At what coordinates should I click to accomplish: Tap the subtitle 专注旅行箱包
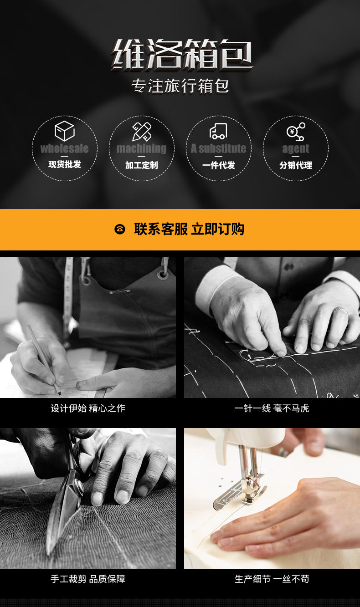[x=180, y=86]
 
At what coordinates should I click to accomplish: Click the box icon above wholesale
[x=65, y=131]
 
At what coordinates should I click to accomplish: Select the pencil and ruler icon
[x=142, y=132]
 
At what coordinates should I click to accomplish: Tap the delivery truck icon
[x=218, y=132]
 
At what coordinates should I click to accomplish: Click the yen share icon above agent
[x=296, y=132]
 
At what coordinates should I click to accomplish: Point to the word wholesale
[x=65, y=148]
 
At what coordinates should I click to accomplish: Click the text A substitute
[x=218, y=148]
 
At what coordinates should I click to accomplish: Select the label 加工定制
[x=142, y=165]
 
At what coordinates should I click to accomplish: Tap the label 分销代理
[x=296, y=165]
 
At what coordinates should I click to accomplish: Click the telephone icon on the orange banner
[x=120, y=229]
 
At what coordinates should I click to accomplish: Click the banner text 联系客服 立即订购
[x=189, y=229]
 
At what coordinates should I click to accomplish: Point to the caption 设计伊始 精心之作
[x=88, y=408]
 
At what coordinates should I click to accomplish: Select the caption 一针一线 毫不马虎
[x=272, y=408]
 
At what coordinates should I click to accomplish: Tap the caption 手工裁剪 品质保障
[x=88, y=579]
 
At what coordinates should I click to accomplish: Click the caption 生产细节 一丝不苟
[x=272, y=579]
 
